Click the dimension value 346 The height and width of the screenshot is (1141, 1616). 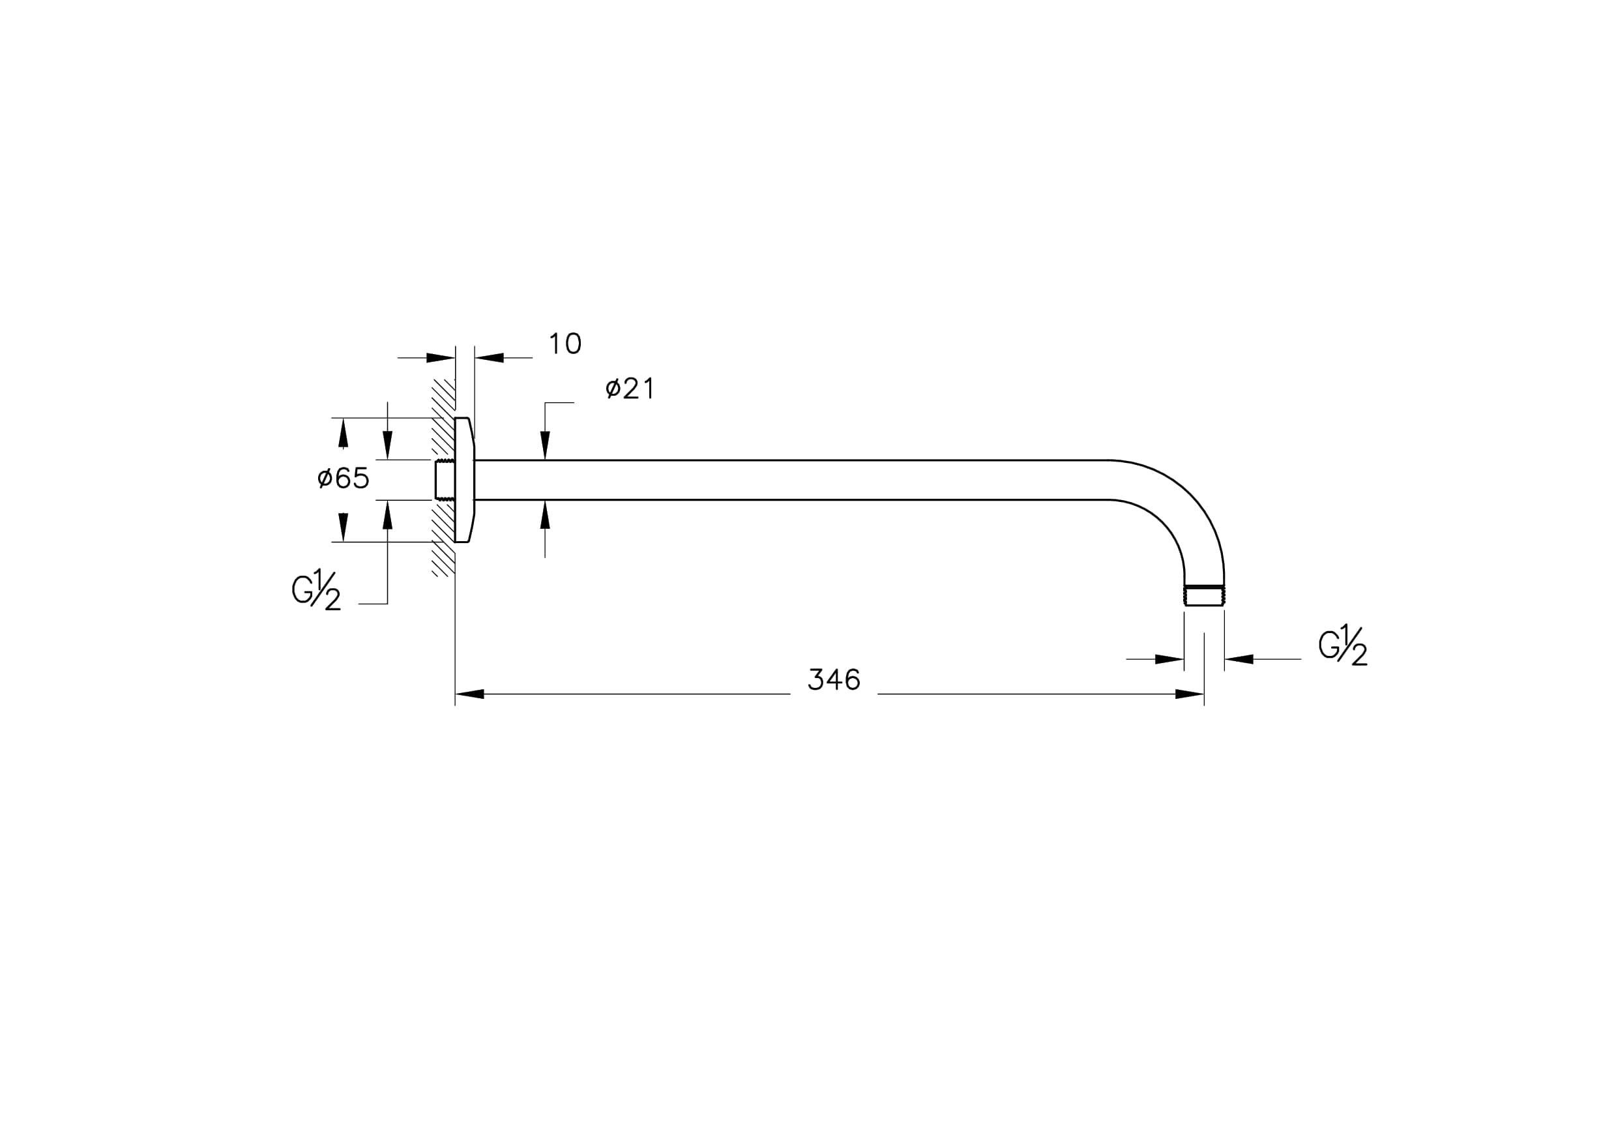click(x=834, y=680)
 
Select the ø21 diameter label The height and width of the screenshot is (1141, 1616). click(x=630, y=389)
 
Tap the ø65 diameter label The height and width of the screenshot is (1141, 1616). click(x=344, y=479)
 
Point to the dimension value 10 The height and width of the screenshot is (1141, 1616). click(x=565, y=344)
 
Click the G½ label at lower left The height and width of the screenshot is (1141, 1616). click(x=317, y=589)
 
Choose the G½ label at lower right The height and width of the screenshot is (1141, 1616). click(x=1343, y=645)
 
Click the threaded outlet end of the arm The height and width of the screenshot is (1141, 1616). click(x=1204, y=595)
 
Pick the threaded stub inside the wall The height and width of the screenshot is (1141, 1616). click(x=444, y=479)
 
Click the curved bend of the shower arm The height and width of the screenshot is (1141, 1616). click(x=1190, y=493)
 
